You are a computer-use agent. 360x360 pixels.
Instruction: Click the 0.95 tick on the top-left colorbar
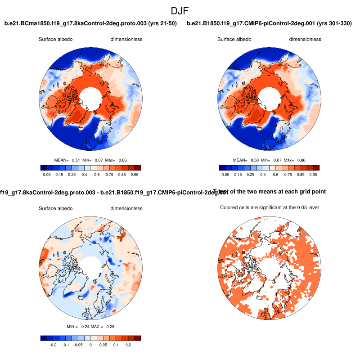134,174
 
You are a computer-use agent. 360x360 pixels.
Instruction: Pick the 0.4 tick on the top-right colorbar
274,174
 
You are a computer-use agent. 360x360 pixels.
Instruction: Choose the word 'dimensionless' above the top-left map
126,39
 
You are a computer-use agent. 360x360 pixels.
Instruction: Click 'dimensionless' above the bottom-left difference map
126,208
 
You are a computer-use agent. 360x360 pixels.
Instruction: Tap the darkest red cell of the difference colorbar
137,338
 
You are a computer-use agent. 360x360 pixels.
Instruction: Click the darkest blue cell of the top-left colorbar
43,168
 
